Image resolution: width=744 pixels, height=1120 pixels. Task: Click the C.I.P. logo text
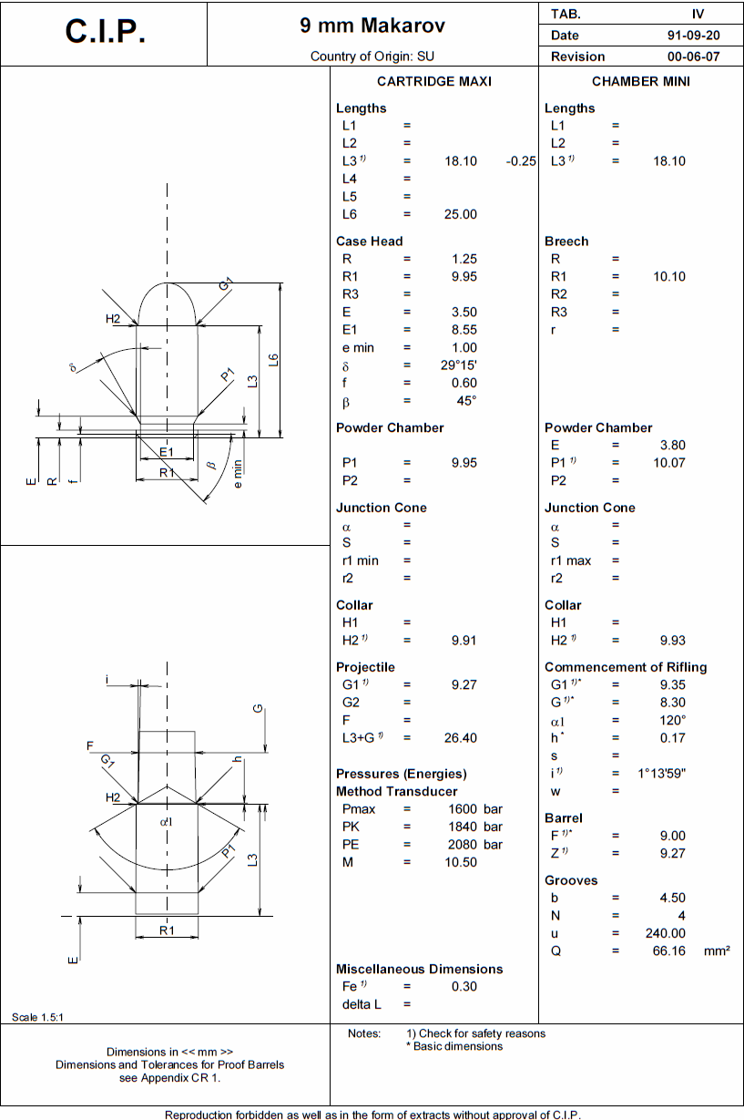click(105, 33)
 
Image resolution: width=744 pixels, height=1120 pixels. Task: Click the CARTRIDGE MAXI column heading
click(433, 81)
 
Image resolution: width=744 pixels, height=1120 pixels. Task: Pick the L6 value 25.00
click(460, 214)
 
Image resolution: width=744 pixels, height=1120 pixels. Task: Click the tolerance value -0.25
click(520, 161)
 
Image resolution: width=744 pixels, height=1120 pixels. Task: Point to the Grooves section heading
click(571, 880)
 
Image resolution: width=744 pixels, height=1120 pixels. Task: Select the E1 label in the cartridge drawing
click(166, 453)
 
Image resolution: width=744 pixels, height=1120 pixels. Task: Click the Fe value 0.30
click(464, 986)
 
